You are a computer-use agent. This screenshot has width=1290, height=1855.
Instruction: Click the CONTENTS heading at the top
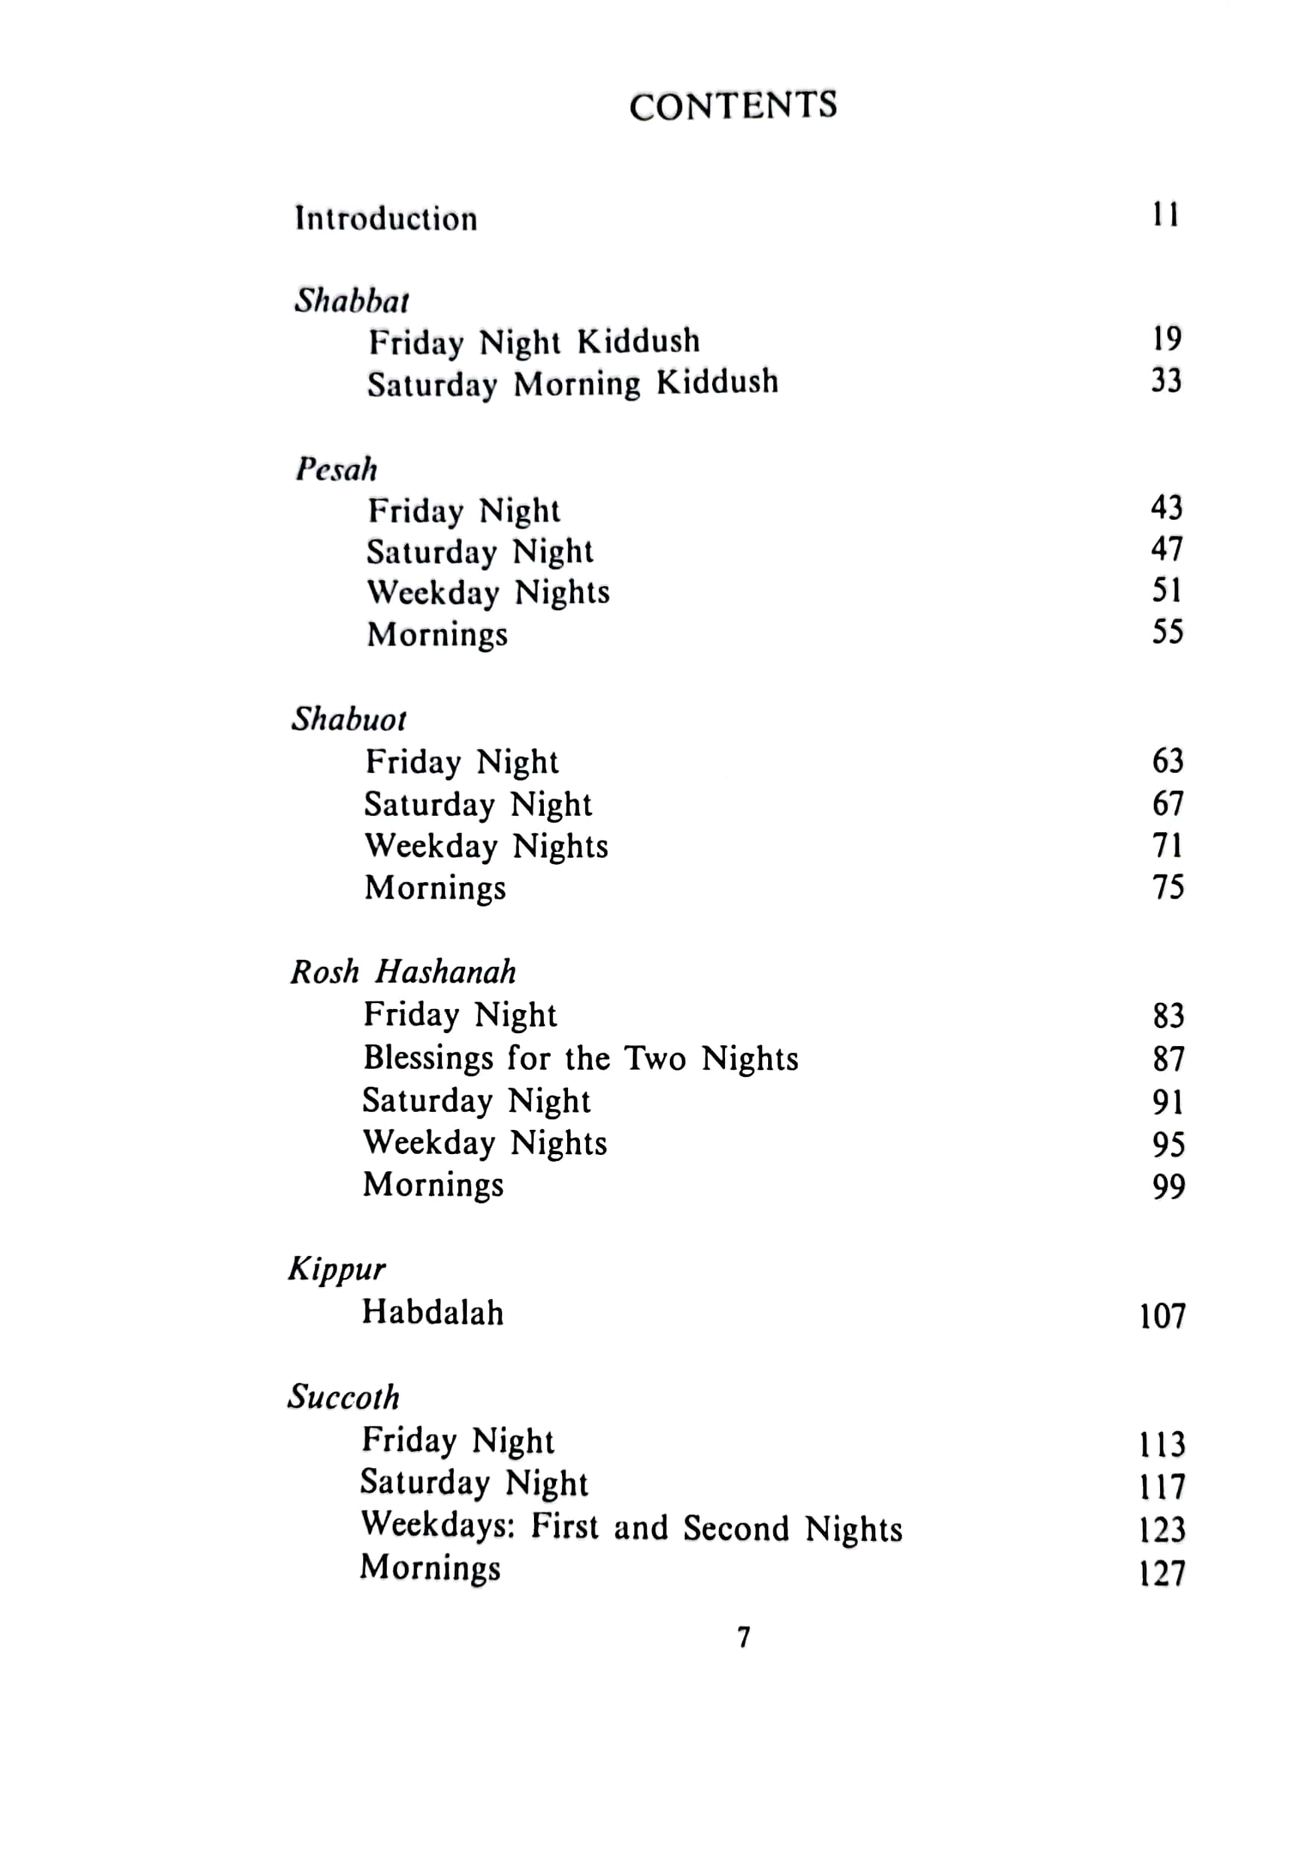point(733,106)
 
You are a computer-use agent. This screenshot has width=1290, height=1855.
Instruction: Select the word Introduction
point(386,218)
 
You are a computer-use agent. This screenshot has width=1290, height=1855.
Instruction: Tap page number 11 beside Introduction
point(1165,215)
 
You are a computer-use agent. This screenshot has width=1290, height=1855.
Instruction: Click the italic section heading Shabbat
point(351,301)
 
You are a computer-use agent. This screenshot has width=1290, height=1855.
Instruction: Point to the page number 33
point(1165,381)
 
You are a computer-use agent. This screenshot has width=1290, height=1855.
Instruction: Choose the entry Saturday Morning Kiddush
point(572,383)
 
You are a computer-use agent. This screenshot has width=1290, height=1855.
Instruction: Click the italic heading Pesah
point(336,469)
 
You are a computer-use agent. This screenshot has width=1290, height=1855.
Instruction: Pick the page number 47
point(1166,549)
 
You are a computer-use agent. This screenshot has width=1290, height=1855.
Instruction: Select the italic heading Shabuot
point(349,719)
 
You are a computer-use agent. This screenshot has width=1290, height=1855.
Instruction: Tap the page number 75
point(1167,887)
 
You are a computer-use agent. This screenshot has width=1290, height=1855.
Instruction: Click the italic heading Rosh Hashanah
point(403,972)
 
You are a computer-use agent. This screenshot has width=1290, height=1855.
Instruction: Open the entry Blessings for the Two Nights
point(580,1058)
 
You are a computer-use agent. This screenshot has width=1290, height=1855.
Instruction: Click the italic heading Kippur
point(337,1269)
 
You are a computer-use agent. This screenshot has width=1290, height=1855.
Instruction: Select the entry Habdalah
point(432,1313)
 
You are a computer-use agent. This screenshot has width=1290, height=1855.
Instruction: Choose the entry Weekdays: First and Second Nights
point(631,1527)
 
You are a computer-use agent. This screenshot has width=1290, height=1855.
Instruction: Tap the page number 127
point(1162,1573)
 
